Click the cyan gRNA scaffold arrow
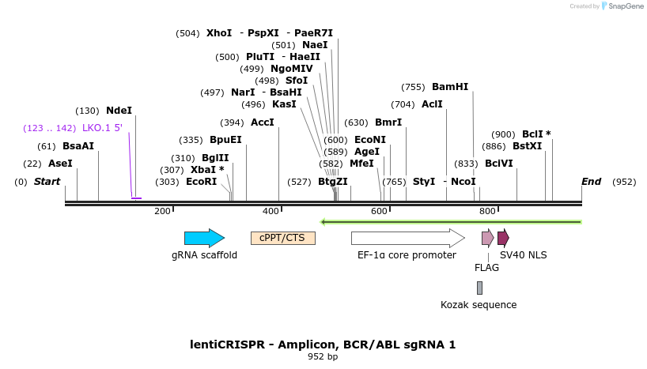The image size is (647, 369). [204, 238]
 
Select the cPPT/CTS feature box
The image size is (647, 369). [283, 238]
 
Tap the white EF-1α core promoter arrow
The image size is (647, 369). [408, 238]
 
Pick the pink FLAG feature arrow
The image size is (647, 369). [488, 238]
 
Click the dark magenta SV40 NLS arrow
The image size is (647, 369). [503, 238]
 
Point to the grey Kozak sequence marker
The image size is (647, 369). [479, 288]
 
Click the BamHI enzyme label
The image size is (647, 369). [450, 87]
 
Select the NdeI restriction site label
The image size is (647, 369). [119, 111]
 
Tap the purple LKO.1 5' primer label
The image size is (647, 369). [102, 128]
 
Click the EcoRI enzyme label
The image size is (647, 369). [202, 182]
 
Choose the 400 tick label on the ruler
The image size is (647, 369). [271, 211]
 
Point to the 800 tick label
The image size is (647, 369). [487, 211]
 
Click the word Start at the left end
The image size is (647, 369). [47, 182]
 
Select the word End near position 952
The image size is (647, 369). [592, 182]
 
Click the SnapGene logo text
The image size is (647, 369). [626, 6]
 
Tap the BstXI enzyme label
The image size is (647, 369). [528, 146]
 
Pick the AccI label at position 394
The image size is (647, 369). [263, 122]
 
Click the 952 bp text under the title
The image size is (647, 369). [323, 356]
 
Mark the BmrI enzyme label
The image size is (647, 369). [388, 122]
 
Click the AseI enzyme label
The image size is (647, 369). [60, 164]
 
